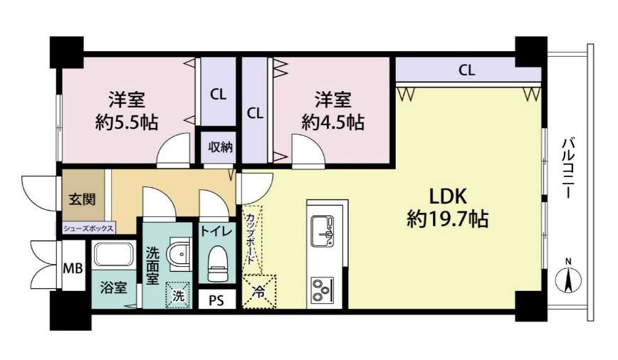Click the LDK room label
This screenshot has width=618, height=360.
click(x=448, y=196)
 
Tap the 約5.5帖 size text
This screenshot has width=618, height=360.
click(x=127, y=122)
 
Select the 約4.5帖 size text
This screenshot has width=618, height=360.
click(x=333, y=122)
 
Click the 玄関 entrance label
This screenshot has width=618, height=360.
click(x=82, y=199)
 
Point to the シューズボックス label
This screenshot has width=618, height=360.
click(x=88, y=228)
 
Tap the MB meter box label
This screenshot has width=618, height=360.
click(x=74, y=269)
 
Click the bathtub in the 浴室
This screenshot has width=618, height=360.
click(x=114, y=255)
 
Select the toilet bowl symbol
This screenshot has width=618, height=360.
click(x=218, y=263)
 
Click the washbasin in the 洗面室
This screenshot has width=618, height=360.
click(x=180, y=254)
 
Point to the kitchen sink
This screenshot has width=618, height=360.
click(x=322, y=231)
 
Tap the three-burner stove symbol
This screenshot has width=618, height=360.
click(x=322, y=290)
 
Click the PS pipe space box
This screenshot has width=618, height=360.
click(x=216, y=300)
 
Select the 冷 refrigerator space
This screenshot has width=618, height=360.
click(x=259, y=292)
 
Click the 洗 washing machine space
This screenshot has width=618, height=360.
click(x=178, y=295)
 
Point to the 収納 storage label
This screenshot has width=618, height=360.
click(x=220, y=147)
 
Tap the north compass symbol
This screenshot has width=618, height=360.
click(x=568, y=277)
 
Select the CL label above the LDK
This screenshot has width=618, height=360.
click(x=466, y=70)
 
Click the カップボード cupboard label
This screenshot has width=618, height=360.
click(x=250, y=238)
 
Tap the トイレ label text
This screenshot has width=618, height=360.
click(x=216, y=231)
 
